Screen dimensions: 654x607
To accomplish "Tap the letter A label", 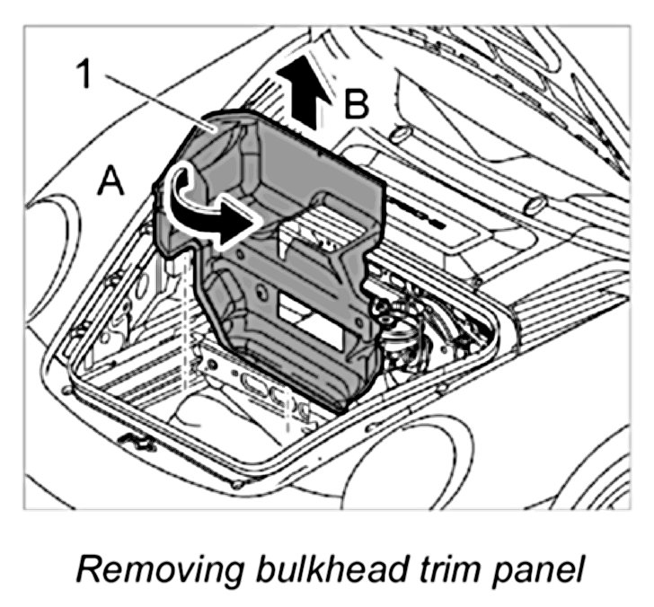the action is [x=110, y=182].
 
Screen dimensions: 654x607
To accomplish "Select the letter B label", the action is [x=355, y=106].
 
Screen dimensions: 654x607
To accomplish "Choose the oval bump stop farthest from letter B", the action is [x=534, y=206].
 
